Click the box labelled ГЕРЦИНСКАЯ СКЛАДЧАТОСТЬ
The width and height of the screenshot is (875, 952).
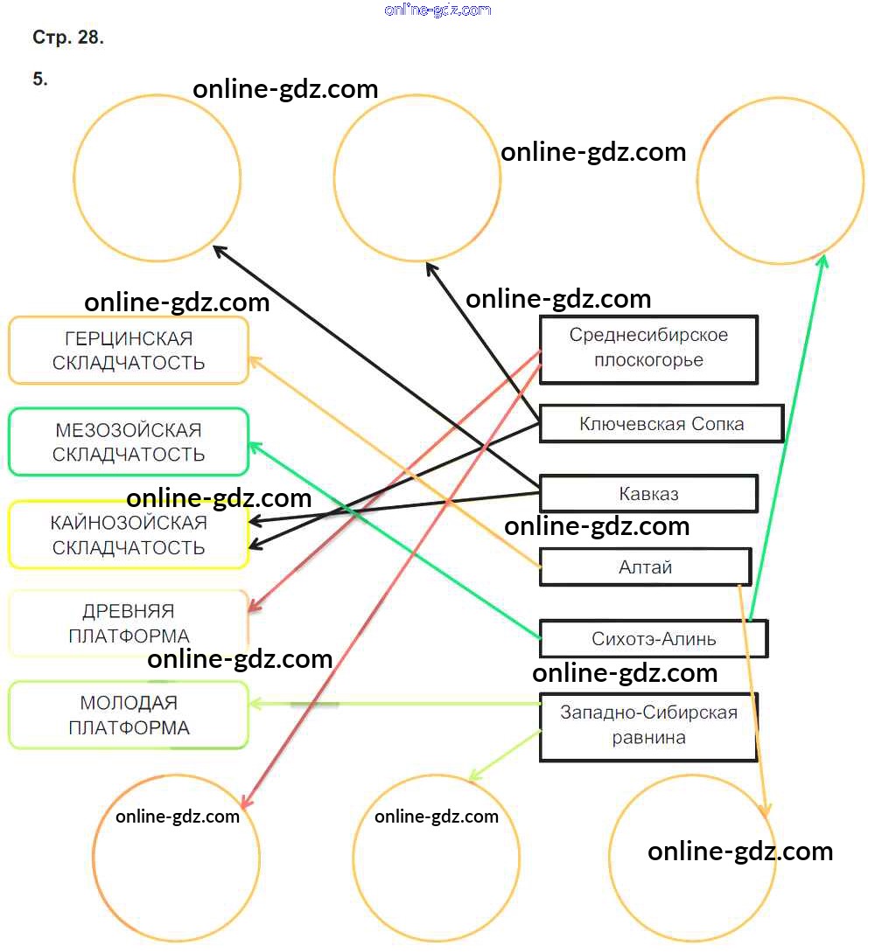129,351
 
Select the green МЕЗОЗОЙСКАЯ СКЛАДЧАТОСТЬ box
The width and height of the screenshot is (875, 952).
129,442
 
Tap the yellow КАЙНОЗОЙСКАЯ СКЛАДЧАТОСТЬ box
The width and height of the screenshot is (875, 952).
129,535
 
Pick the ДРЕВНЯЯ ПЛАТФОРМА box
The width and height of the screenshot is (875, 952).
129,623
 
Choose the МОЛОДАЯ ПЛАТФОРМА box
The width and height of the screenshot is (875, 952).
129,715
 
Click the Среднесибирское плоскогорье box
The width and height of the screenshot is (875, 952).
648,348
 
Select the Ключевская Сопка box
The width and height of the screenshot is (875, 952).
661,424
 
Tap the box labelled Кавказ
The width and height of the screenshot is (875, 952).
648,494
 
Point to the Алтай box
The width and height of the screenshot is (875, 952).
645,566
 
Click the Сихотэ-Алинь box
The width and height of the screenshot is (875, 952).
654,639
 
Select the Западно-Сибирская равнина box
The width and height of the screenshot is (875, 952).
648,726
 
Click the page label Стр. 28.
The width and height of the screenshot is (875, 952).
68,38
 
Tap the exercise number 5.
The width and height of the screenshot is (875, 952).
40,79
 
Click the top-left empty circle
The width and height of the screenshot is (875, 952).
157,178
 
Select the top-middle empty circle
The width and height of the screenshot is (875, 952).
417,178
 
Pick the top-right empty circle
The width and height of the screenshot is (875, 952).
780,180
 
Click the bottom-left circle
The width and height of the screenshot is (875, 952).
176,858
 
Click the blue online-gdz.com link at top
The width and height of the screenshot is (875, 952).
437,10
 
